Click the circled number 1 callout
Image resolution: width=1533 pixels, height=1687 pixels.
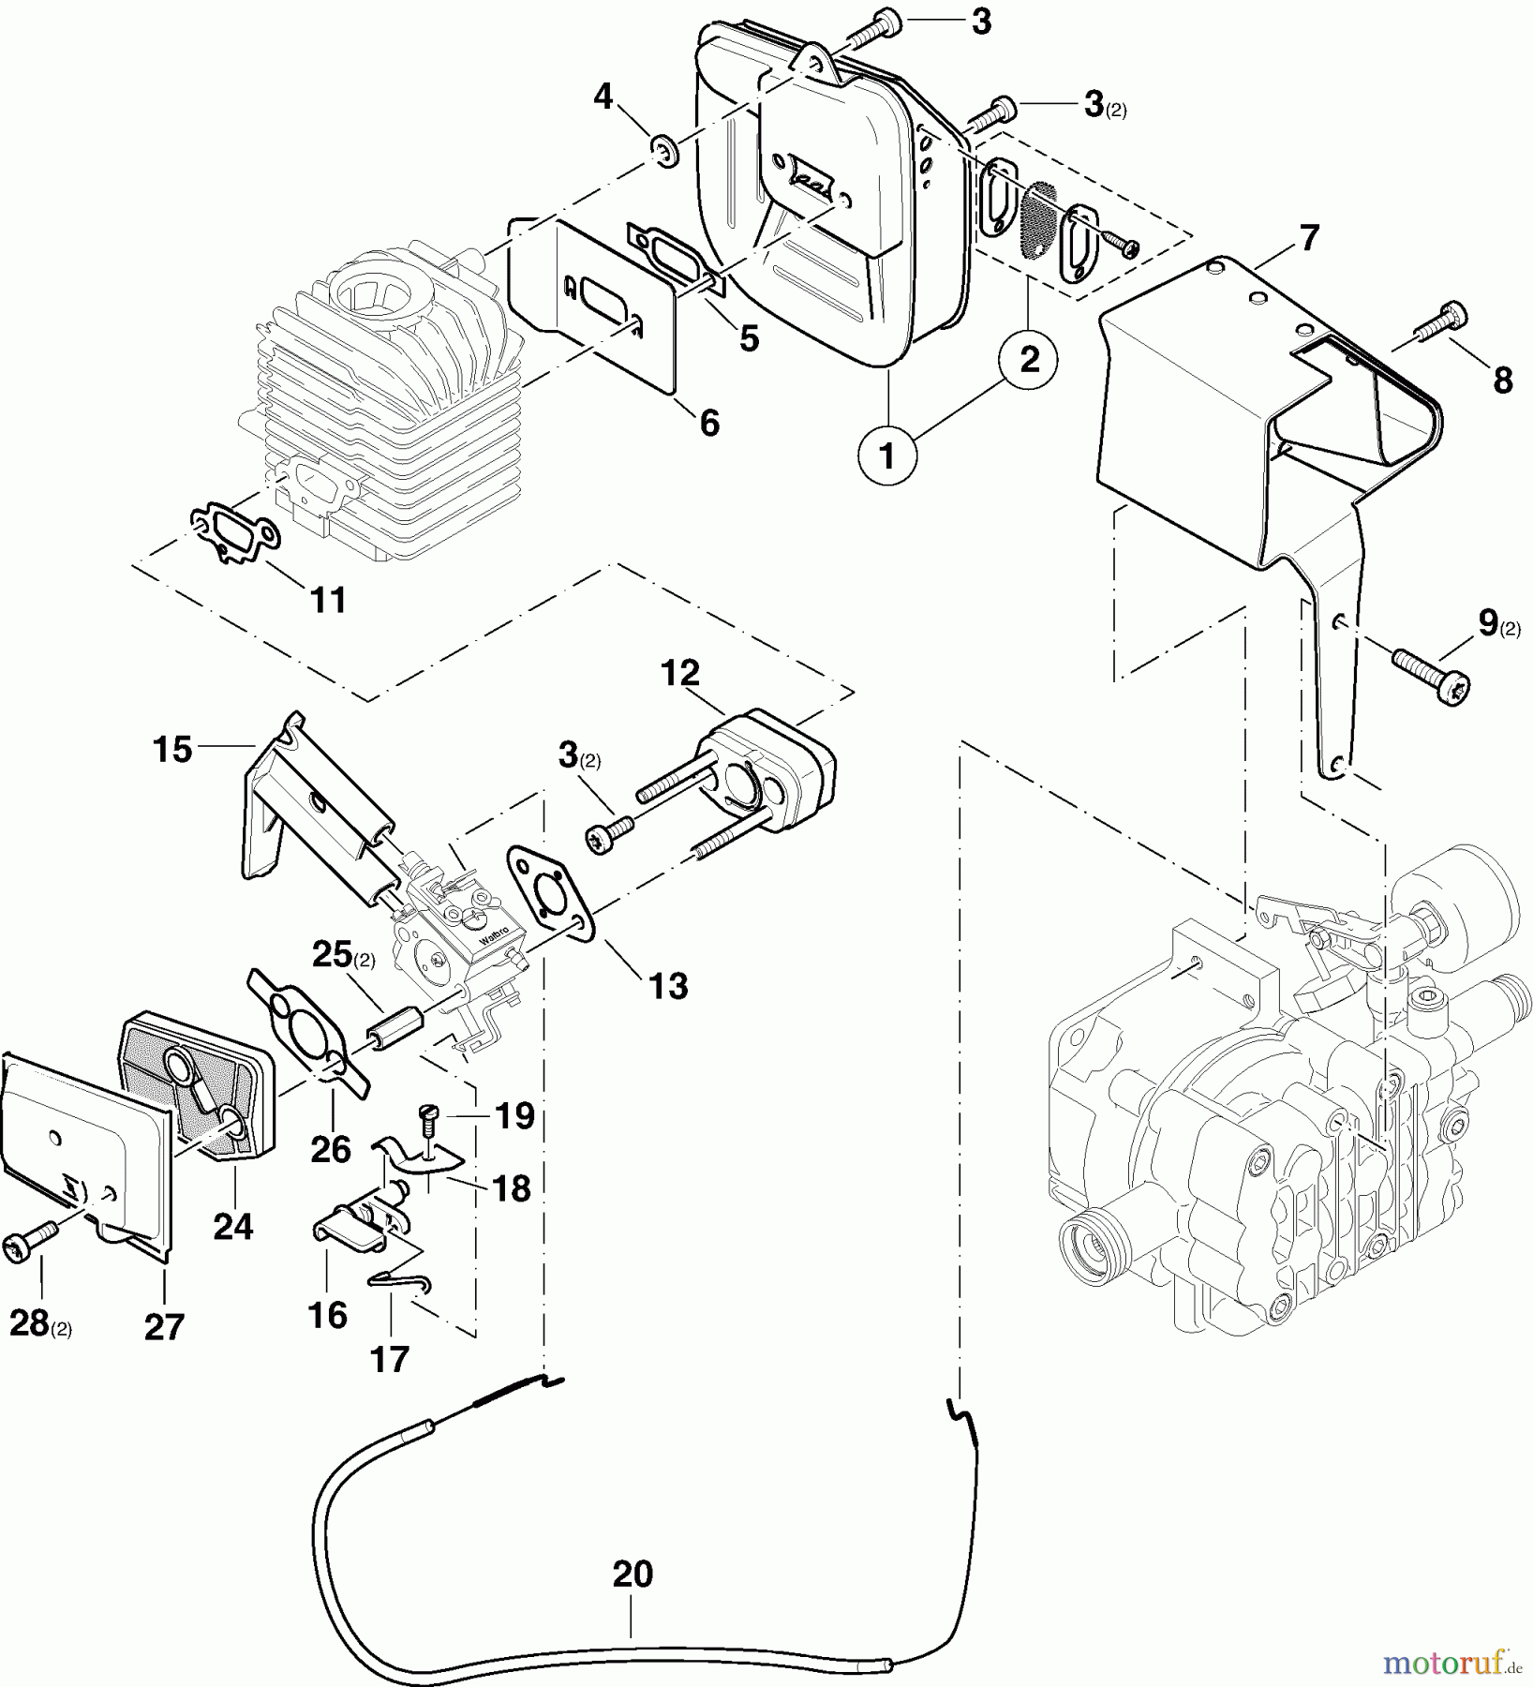pyautogui.click(x=886, y=456)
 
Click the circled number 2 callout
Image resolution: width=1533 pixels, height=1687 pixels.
pyautogui.click(x=1029, y=359)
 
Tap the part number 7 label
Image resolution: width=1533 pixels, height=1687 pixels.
pyautogui.click(x=1308, y=238)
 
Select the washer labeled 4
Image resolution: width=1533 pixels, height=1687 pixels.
pyautogui.click(x=666, y=150)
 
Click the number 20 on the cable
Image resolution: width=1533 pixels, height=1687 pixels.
pyautogui.click(x=633, y=1575)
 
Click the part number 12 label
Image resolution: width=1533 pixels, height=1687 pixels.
pyautogui.click(x=680, y=673)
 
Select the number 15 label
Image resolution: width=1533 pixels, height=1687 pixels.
pyautogui.click(x=173, y=749)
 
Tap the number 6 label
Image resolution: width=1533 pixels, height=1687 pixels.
pyautogui.click(x=709, y=423)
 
